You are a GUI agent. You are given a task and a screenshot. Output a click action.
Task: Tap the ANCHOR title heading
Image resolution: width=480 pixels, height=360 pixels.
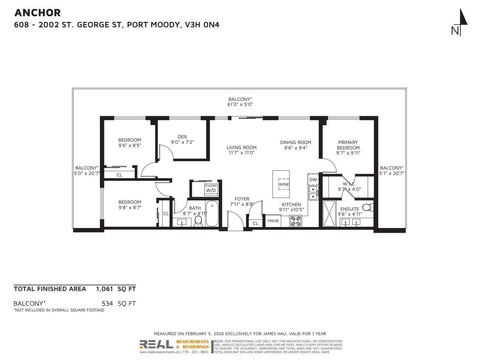coord(37,13)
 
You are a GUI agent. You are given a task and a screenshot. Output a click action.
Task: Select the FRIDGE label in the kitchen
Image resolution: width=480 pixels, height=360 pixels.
coord(273,221)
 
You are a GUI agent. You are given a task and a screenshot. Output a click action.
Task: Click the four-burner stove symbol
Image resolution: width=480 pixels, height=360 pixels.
coord(296,221)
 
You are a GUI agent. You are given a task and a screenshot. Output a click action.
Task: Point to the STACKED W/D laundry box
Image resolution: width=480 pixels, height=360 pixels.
coord(211,188)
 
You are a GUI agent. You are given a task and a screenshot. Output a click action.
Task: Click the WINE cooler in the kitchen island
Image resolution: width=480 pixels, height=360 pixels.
coord(283,184)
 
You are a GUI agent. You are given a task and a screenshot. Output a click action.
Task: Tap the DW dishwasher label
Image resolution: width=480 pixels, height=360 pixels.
coord(313,179)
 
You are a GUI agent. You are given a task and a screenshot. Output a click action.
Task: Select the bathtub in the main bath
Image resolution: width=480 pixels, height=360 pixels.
coord(212,214)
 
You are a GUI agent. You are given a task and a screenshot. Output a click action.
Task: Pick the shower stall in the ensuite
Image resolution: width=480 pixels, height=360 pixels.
coord(329,214)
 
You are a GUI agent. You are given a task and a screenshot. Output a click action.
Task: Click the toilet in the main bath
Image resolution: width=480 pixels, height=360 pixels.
coord(198,221)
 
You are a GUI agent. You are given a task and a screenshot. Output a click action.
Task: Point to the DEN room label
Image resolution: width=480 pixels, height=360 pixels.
coord(182,136)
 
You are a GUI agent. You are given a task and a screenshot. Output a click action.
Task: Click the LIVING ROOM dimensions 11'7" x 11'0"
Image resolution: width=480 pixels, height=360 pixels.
coord(241,153)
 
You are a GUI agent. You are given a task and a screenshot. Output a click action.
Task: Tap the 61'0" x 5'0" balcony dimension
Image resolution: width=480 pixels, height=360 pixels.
coord(240,104)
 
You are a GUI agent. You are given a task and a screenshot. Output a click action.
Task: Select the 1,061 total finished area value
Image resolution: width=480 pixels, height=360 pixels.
coord(104,289)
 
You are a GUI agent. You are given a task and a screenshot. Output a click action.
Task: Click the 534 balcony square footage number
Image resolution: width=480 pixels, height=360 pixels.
coord(107,303)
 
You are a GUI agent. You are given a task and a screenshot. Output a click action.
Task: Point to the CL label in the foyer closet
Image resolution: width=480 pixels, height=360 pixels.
coord(255,223)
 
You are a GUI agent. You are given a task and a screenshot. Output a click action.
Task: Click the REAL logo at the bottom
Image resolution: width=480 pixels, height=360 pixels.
coord(156,344)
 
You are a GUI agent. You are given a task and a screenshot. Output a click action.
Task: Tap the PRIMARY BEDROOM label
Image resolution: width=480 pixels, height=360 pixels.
coord(348,145)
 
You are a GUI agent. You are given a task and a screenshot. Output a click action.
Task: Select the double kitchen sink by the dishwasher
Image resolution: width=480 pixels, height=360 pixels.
coord(313,193)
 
